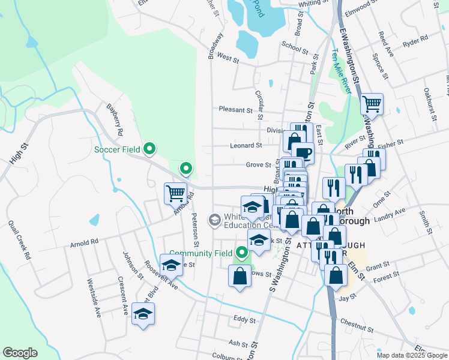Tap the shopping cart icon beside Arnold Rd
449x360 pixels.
point(175,193)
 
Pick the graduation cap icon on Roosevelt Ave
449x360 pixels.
point(171,265)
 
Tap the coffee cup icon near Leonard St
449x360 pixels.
point(303,152)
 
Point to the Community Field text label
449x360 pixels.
point(200,253)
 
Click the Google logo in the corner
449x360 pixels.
point(20,353)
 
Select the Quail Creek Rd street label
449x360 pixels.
point(19,239)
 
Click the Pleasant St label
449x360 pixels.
point(235,110)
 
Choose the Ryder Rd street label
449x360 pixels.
point(415,39)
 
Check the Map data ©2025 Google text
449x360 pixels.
point(411,355)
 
